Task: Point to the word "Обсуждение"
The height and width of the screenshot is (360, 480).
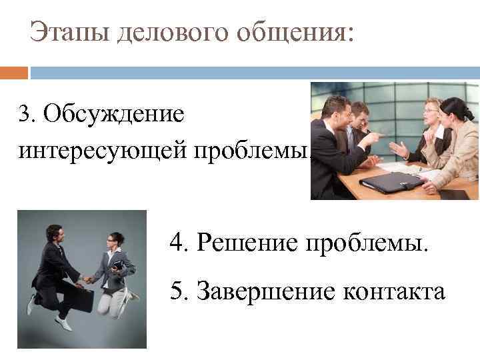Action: [x=113, y=113]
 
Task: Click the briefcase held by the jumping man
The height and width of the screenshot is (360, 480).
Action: [x=81, y=299]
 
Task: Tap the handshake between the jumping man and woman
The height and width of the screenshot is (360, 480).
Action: [x=87, y=279]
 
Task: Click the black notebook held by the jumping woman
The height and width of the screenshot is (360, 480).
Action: [x=118, y=266]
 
